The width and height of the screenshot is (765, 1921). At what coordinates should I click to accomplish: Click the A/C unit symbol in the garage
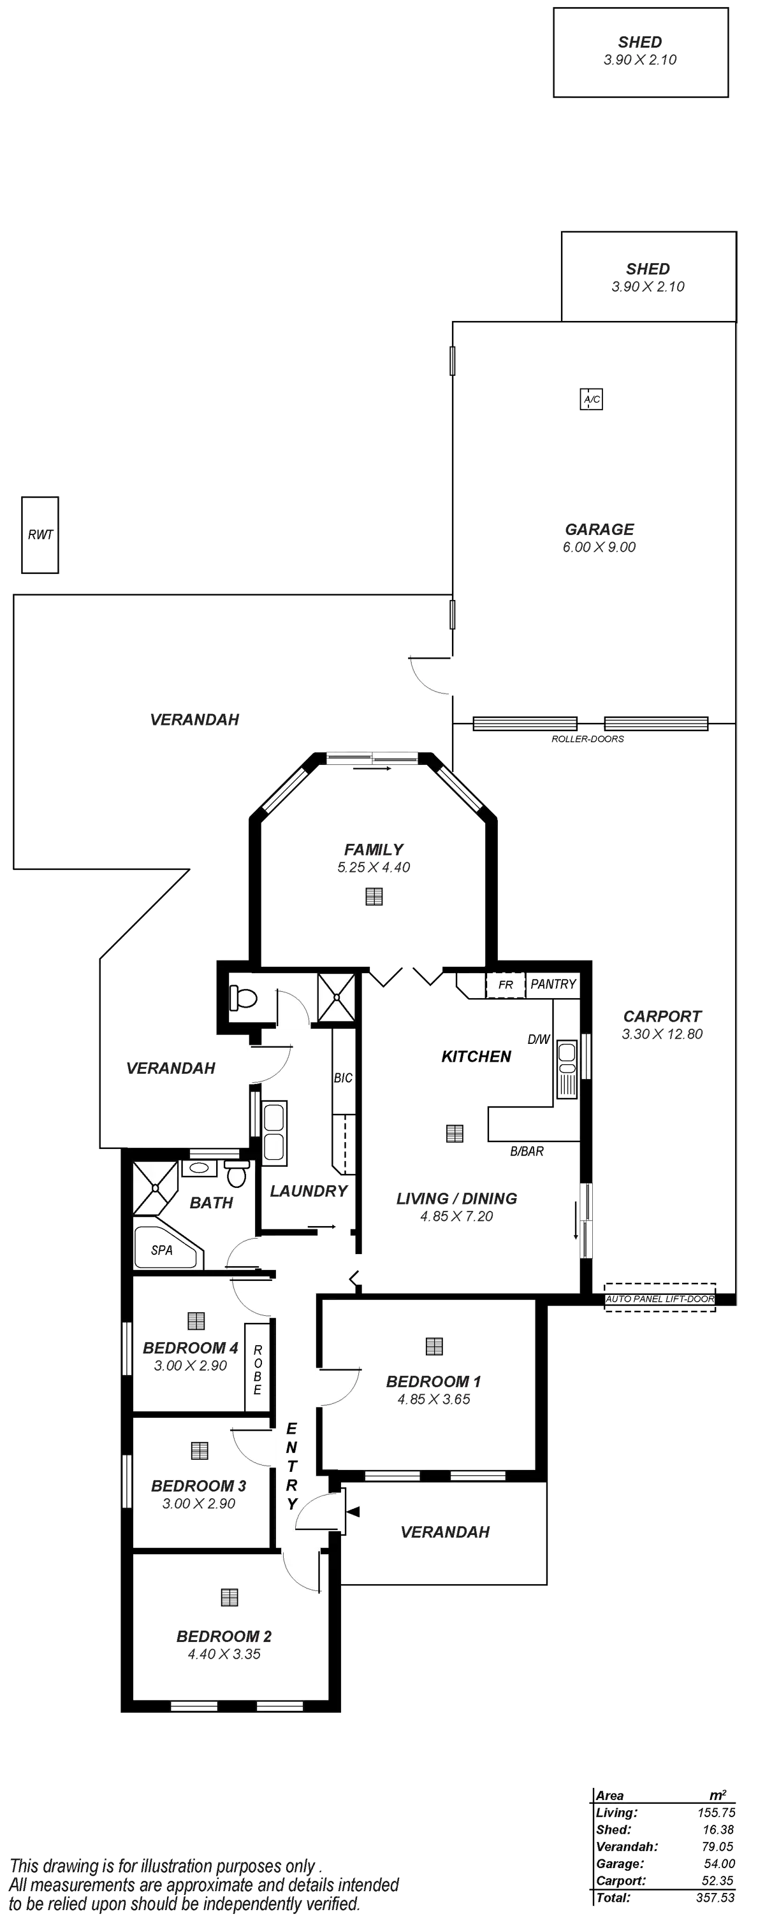point(591,400)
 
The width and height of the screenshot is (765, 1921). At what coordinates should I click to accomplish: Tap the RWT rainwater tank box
point(40,534)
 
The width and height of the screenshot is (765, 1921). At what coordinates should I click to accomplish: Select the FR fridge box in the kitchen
point(506,984)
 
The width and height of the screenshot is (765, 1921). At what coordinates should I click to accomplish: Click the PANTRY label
point(554,983)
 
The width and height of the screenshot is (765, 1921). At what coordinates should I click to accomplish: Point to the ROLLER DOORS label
point(588,739)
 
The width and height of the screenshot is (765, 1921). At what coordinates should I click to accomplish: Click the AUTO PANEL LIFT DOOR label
point(660,1299)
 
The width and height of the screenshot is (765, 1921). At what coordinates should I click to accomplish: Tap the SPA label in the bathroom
point(161,1250)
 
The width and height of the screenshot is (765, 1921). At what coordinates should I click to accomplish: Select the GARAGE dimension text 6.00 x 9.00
point(599,547)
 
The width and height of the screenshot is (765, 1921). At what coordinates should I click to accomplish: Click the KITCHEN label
point(476,1056)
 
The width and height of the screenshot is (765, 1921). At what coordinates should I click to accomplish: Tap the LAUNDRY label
point(309,1191)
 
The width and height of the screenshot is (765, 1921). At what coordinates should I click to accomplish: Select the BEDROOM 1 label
point(433,1381)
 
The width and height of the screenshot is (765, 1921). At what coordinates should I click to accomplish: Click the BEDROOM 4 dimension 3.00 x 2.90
point(191,1366)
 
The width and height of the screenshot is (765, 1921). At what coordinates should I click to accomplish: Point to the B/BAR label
point(527,1152)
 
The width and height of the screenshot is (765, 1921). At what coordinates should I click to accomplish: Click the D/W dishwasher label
point(537,1039)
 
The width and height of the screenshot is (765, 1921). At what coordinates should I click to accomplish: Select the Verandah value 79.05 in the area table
point(716,1846)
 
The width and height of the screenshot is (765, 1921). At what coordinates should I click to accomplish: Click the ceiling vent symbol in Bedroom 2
point(229,1597)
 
